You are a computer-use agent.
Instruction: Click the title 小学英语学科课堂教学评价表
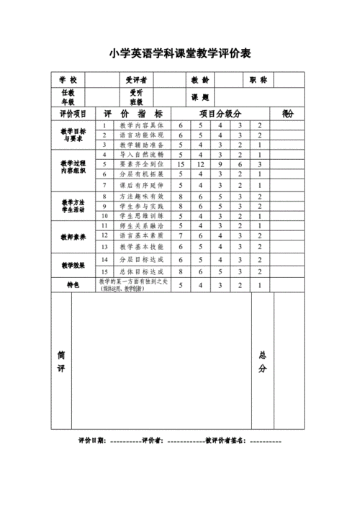[x=180, y=54]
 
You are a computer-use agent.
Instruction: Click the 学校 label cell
[x=68, y=80]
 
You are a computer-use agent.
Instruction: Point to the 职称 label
[x=258, y=80]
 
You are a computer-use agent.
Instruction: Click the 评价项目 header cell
[x=73, y=114]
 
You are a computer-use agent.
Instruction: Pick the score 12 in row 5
[x=201, y=164]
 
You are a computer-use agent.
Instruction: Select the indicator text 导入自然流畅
[x=137, y=154]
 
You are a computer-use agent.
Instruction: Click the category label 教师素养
[x=73, y=236]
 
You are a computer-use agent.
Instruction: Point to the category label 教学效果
[x=73, y=265]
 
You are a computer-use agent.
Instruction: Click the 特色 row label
[x=73, y=285]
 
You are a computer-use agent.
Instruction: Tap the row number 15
[x=104, y=271]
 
